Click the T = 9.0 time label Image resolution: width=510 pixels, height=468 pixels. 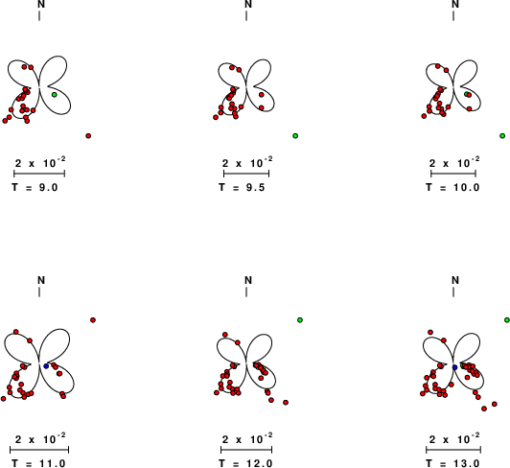(x=35, y=187)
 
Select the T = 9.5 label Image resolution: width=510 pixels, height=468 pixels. (x=242, y=187)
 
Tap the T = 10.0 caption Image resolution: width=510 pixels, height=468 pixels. (x=452, y=187)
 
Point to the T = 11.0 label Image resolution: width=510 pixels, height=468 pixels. (x=38, y=463)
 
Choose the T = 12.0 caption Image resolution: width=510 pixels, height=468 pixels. (x=245, y=463)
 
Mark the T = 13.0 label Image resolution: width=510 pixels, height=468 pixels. (x=452, y=463)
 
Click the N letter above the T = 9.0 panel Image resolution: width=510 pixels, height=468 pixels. (x=41, y=4)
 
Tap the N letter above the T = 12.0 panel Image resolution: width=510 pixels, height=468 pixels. (x=248, y=280)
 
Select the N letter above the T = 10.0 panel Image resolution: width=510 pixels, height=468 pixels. (x=455, y=4)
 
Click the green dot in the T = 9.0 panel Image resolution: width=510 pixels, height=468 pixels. (x=55, y=95)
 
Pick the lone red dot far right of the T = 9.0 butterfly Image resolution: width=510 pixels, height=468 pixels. (x=88, y=136)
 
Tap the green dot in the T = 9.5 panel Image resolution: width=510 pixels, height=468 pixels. (x=295, y=136)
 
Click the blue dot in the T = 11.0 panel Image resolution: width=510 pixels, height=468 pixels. (x=46, y=366)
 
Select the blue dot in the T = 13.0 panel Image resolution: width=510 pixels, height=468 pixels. (x=455, y=367)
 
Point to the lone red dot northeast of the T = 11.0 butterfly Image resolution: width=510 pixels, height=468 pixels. (x=93, y=320)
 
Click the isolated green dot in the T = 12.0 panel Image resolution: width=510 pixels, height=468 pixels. (x=300, y=320)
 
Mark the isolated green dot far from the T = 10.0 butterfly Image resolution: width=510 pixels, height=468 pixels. (x=502, y=136)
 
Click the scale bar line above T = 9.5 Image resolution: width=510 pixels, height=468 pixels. (x=246, y=174)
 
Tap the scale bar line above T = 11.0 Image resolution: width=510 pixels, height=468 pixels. (x=39, y=450)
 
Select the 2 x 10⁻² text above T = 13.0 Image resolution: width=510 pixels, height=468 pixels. (x=454, y=438)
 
